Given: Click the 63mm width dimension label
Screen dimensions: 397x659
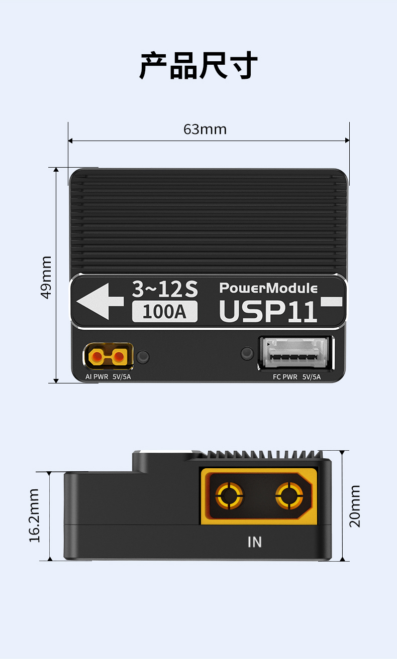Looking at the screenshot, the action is (205, 129).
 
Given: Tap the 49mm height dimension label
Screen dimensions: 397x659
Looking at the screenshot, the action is (46, 278).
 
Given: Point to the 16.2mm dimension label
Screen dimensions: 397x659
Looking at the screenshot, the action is (34, 515).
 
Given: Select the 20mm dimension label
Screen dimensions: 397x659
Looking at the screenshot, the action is (355, 506).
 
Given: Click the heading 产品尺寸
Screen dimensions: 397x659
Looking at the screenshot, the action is (198, 65).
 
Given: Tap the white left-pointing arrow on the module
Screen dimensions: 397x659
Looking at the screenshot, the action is (100, 301).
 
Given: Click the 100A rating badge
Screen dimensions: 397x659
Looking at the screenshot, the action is (165, 312).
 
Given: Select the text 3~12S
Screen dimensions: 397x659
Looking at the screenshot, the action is (165, 289).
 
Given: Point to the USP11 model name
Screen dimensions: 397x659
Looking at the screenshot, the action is (268, 311).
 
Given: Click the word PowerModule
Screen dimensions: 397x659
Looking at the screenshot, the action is (268, 288).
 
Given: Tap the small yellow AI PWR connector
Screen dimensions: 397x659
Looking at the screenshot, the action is (108, 356).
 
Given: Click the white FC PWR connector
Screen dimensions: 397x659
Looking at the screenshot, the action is (295, 353).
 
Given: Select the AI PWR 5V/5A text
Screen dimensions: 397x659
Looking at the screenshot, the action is (108, 377).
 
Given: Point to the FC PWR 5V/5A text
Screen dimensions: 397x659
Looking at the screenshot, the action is (297, 377).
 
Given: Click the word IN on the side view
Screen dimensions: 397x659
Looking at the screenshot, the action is (255, 542).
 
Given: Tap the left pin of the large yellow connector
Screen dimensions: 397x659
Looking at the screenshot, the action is (230, 496).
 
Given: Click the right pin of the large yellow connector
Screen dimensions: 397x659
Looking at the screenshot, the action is (289, 496).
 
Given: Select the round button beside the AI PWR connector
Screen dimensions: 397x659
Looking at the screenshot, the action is (143, 356).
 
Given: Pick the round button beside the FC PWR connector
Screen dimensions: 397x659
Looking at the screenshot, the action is (247, 354).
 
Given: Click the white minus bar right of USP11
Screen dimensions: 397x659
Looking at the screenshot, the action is (332, 302).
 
